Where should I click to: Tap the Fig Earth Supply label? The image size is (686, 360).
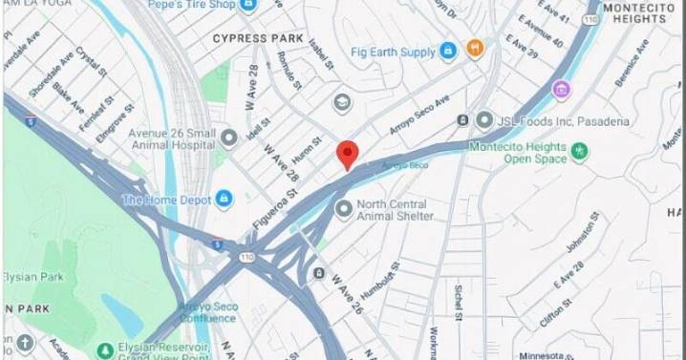click(393, 52)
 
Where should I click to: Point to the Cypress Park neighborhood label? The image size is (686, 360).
click(258, 38)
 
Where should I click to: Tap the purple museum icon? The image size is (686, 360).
click(561, 90)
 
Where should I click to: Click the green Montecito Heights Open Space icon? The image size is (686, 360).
click(579, 151)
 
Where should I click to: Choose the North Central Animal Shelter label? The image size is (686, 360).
click(396, 210)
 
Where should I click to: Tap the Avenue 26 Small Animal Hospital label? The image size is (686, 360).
click(163, 139)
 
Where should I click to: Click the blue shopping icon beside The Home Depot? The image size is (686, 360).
click(224, 199)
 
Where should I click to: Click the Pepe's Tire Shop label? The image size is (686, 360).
click(192, 5)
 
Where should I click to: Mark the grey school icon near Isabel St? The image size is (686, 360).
click(342, 102)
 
